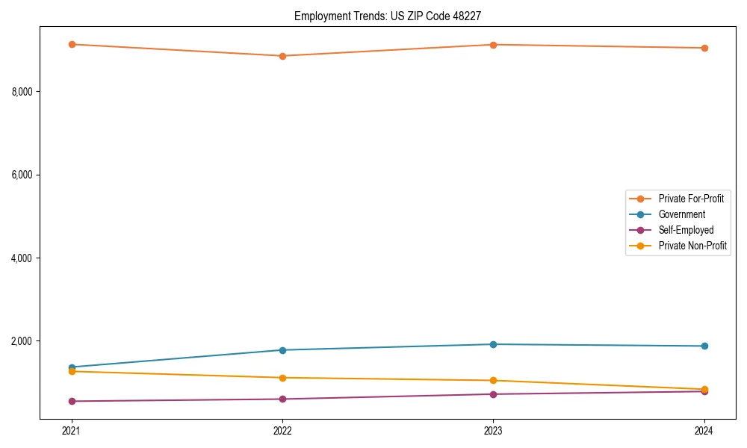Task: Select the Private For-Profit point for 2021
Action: pyautogui.click(x=72, y=44)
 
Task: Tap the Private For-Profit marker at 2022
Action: pyautogui.click(x=282, y=56)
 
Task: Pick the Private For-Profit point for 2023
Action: pyautogui.click(x=493, y=45)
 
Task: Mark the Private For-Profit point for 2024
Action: pyautogui.click(x=704, y=48)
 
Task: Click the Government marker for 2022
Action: pyautogui.click(x=282, y=350)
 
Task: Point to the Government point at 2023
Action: pyautogui.click(x=493, y=344)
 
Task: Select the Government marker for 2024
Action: pyautogui.click(x=704, y=346)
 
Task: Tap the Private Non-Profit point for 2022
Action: pyautogui.click(x=282, y=378)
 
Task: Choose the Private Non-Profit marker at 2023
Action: pyautogui.click(x=493, y=381)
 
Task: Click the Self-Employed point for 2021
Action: pyautogui.click(x=72, y=401)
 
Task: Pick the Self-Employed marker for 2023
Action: pyautogui.click(x=493, y=394)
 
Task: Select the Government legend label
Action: pyautogui.click(x=681, y=214)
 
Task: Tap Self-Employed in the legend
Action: pyautogui.click(x=686, y=230)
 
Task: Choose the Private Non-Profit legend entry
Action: pyautogui.click(x=692, y=246)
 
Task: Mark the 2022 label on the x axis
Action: pyautogui.click(x=282, y=431)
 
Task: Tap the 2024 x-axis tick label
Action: pyautogui.click(x=704, y=431)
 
